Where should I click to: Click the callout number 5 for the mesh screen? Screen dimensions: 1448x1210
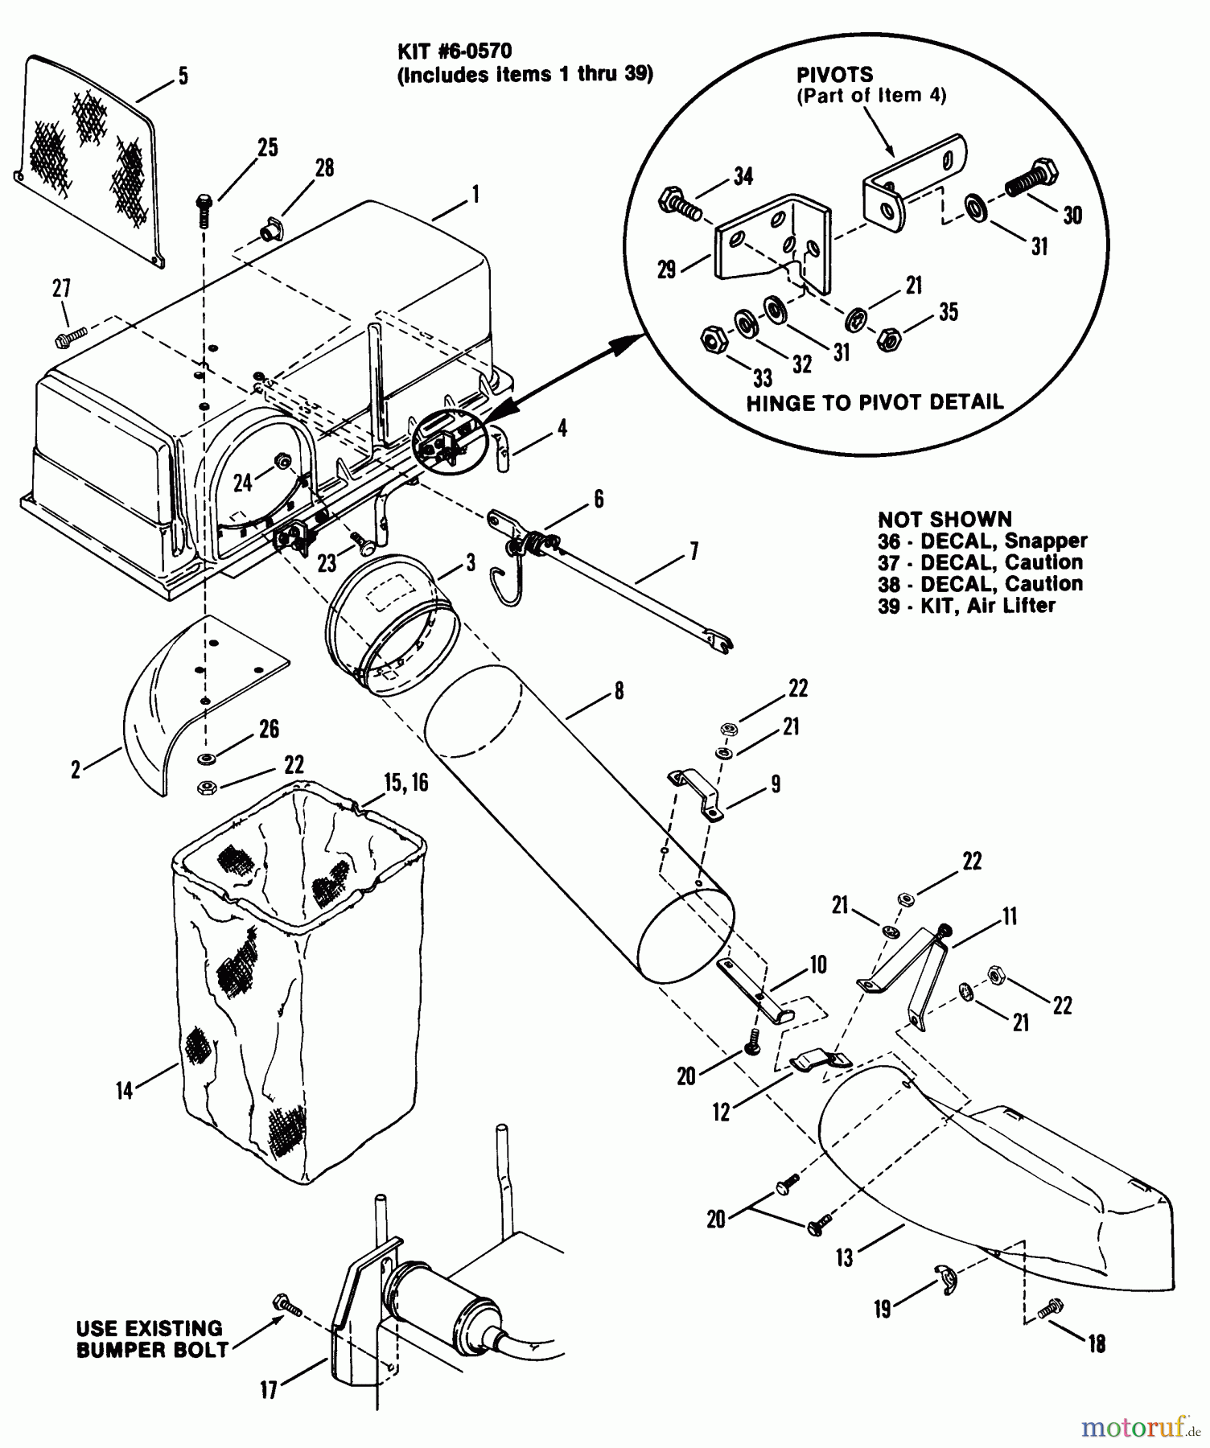pyautogui.click(x=183, y=76)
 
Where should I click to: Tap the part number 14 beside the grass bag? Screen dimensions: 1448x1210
pyautogui.click(x=124, y=1091)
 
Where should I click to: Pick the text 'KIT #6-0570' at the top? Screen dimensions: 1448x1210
pyautogui.click(x=455, y=51)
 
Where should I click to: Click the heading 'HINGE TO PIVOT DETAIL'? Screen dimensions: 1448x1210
pyautogui.click(x=875, y=402)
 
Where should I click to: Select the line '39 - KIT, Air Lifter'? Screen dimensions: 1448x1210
pyautogui.click(x=965, y=606)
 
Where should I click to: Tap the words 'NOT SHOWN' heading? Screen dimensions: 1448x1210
pyautogui.click(x=945, y=519)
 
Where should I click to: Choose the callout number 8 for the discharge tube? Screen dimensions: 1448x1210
pyautogui.click(x=618, y=691)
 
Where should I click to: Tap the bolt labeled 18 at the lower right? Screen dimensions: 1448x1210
pyautogui.click(x=1049, y=1310)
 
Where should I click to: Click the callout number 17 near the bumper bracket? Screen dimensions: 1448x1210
pyautogui.click(x=268, y=1389)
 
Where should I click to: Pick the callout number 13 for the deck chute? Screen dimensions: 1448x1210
pyautogui.click(x=844, y=1257)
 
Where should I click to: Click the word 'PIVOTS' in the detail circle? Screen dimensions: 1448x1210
pyautogui.click(x=833, y=75)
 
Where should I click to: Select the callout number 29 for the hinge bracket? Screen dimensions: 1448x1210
pyautogui.click(x=666, y=269)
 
